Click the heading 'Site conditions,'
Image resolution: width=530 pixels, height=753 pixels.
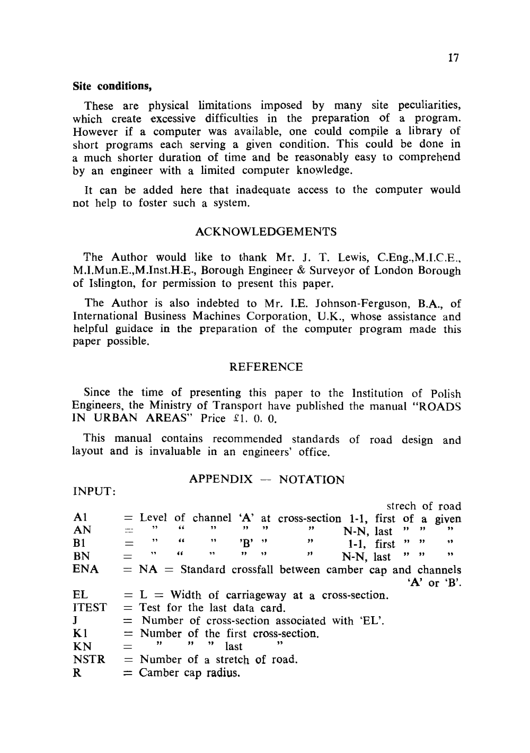click(x=109, y=86)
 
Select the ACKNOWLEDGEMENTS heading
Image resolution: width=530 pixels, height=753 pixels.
click(x=266, y=232)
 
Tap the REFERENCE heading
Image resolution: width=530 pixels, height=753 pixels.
click(x=266, y=367)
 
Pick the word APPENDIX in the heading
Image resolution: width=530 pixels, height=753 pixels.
click(x=221, y=480)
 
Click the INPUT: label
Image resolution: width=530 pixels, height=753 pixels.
click(x=94, y=493)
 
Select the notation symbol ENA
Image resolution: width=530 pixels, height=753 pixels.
click(x=85, y=570)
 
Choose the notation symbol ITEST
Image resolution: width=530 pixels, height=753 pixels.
click(x=90, y=608)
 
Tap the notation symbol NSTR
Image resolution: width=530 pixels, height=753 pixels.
click(x=89, y=660)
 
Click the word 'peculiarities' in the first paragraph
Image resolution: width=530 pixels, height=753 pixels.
click(x=429, y=106)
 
